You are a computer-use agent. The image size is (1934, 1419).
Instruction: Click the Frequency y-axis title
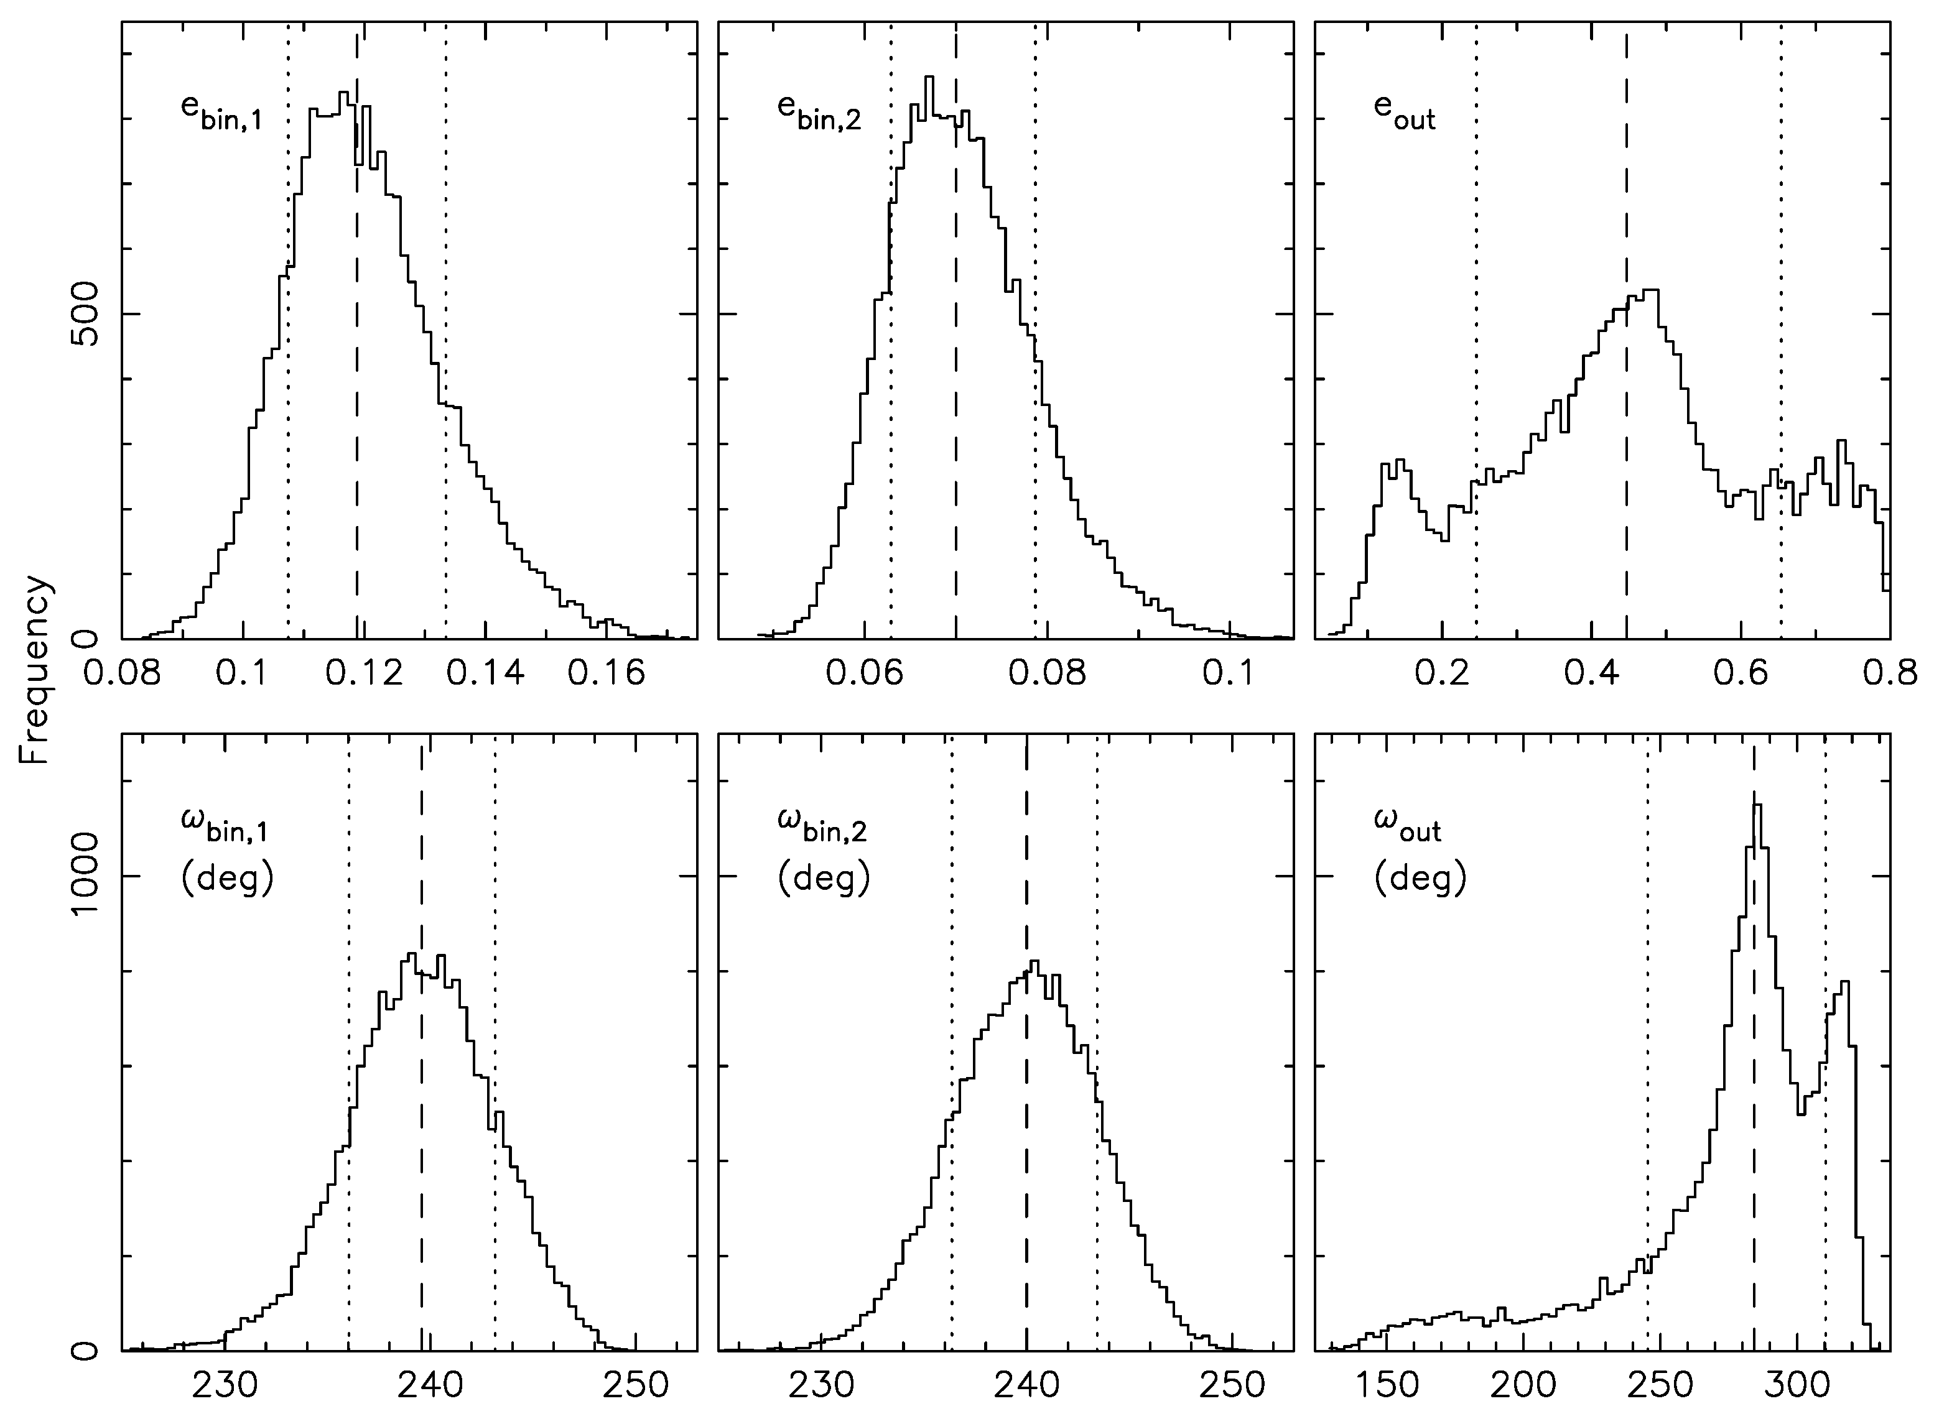point(36,670)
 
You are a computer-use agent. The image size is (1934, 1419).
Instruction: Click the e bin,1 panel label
point(220,114)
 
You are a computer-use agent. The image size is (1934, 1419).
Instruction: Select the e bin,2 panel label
point(818,114)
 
